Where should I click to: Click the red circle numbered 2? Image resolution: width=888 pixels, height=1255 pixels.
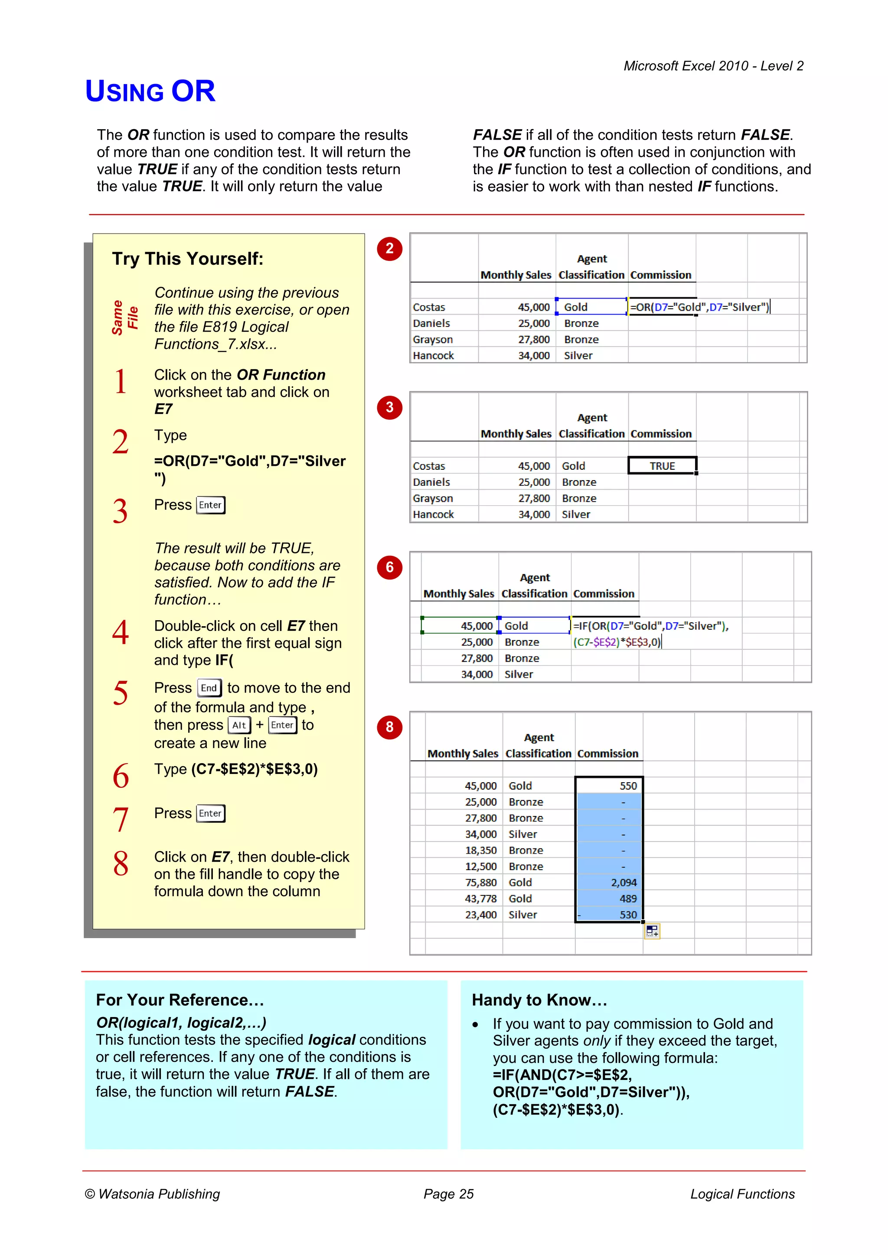tap(389, 249)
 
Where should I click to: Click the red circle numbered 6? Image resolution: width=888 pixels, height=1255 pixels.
tap(389, 567)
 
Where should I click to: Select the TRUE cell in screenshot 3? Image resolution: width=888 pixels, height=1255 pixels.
tap(662, 466)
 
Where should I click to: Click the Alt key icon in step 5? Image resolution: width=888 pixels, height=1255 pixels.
tap(239, 725)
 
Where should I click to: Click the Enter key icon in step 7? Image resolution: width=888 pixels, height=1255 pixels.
tap(211, 813)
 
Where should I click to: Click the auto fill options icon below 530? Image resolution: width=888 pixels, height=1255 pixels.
tap(652, 930)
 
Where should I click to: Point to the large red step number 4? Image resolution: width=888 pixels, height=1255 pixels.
tap(120, 632)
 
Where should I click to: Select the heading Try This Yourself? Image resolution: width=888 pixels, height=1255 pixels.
tap(188, 259)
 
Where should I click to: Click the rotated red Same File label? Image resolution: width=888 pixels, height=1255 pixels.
tap(125, 318)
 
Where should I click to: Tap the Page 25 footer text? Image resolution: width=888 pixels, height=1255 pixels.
tap(448, 1194)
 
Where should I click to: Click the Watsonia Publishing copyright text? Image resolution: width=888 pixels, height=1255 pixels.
tap(153, 1194)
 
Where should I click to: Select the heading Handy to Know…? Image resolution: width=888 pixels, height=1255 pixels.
tap(539, 1000)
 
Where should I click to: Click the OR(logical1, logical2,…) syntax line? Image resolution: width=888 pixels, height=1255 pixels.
tap(181, 1022)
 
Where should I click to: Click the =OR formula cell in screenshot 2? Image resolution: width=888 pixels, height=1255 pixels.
tap(699, 307)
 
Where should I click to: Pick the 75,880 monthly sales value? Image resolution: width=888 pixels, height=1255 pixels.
tap(480, 882)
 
